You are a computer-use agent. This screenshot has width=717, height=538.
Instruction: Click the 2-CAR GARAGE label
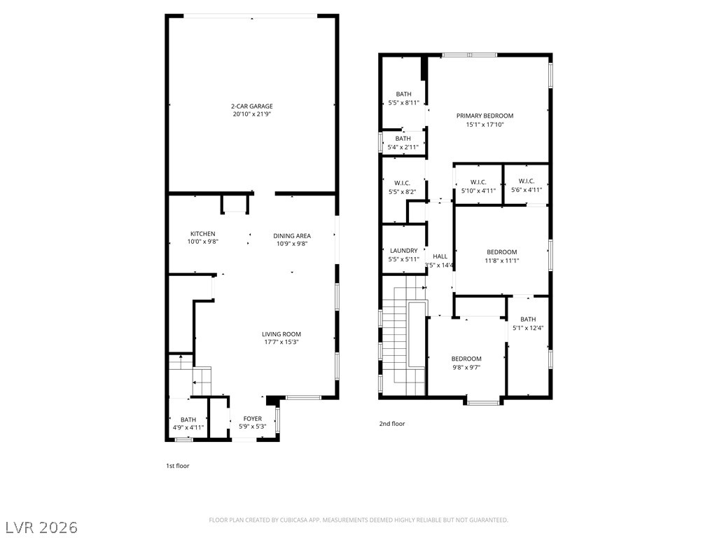(252, 106)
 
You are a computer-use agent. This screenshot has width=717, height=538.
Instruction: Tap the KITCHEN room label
(202, 234)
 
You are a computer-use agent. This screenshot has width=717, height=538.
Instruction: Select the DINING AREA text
(292, 236)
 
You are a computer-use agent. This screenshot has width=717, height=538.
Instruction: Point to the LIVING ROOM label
(281, 334)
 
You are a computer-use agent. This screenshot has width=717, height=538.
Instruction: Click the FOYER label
(252, 419)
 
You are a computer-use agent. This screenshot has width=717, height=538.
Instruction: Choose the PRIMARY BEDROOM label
(485, 116)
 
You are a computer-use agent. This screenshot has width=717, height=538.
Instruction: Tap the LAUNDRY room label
(404, 251)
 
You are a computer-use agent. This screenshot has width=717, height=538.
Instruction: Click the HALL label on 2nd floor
(440, 256)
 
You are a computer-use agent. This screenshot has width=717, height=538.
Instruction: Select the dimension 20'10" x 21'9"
(252, 114)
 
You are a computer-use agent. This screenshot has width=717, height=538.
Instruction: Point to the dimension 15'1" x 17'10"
(485, 125)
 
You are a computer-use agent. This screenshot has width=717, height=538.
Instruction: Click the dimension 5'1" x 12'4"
(528, 328)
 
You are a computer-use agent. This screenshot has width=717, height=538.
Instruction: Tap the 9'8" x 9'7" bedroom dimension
(466, 367)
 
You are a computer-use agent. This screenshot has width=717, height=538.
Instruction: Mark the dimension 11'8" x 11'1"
(501, 261)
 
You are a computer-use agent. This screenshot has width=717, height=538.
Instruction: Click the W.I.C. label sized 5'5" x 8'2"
(402, 183)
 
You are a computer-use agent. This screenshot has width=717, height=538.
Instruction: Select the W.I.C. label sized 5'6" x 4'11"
(527, 181)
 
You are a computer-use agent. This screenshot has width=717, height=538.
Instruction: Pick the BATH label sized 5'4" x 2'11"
(403, 139)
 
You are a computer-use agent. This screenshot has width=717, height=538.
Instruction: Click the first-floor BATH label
(188, 420)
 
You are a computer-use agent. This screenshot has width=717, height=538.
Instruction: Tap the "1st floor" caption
(177, 466)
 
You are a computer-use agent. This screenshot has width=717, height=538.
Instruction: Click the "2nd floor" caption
(392, 424)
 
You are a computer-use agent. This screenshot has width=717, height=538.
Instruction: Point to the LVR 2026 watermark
(39, 527)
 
